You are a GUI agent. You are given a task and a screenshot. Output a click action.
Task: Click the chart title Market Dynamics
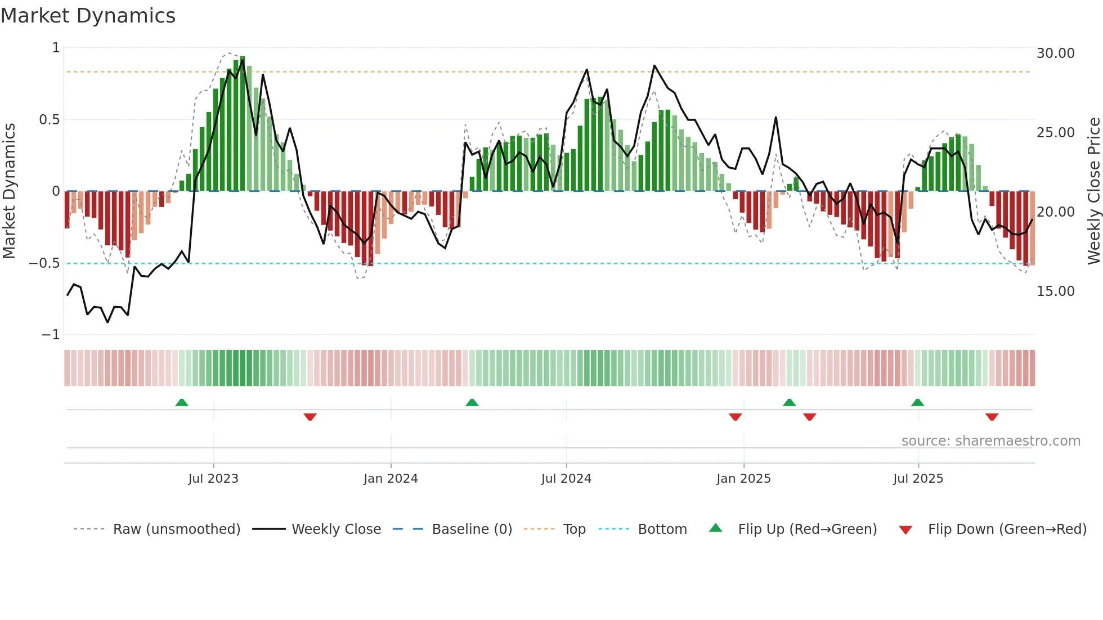tap(88, 16)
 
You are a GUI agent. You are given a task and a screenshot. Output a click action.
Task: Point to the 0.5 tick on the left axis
tap(49, 120)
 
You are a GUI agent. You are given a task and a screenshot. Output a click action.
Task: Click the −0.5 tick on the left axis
tap(44, 263)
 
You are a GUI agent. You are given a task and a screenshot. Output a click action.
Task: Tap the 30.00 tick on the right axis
tap(1055, 53)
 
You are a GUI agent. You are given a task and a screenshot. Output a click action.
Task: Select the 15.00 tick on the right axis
tap(1055, 291)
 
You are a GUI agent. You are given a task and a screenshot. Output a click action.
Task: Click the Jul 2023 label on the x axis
tap(213, 479)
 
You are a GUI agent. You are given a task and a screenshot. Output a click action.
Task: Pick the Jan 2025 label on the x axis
tap(743, 479)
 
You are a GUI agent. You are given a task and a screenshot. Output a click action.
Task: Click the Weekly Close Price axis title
tap(1093, 191)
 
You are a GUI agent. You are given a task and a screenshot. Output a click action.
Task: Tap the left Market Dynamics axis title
tap(9, 191)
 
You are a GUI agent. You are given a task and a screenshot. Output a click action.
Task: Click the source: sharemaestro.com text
tap(990, 441)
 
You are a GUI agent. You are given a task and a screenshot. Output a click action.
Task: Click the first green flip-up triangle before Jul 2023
tap(182, 403)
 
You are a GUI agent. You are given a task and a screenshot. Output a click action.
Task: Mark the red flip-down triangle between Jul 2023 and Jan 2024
tap(310, 417)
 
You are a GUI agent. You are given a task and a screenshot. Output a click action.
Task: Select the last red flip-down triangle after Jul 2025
tap(992, 417)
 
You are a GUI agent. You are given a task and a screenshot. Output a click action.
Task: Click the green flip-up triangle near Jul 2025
tap(917, 403)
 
